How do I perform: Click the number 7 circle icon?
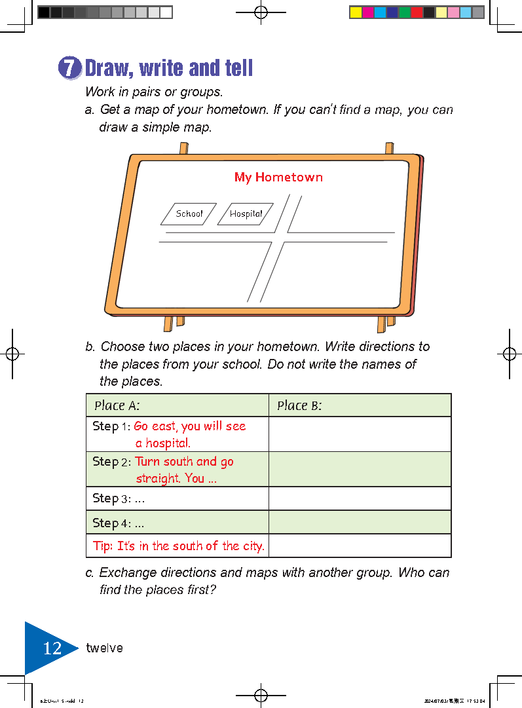point(69,69)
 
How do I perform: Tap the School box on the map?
point(189,214)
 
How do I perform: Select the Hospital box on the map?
point(246,214)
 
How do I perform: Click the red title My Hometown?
point(278,177)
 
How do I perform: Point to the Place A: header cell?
point(177,405)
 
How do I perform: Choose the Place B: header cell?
point(360,405)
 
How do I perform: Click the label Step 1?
point(111,426)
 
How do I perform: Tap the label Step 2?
point(111,462)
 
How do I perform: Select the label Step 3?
point(111,498)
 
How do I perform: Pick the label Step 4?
point(111,523)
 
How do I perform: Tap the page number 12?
point(52,648)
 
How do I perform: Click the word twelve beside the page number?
point(104,648)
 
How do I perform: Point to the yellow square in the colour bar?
point(356,12)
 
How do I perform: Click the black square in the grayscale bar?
point(44,12)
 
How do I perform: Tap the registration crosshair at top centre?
point(261,12)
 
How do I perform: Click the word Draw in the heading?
point(109,68)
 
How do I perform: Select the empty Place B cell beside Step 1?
point(360,434)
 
